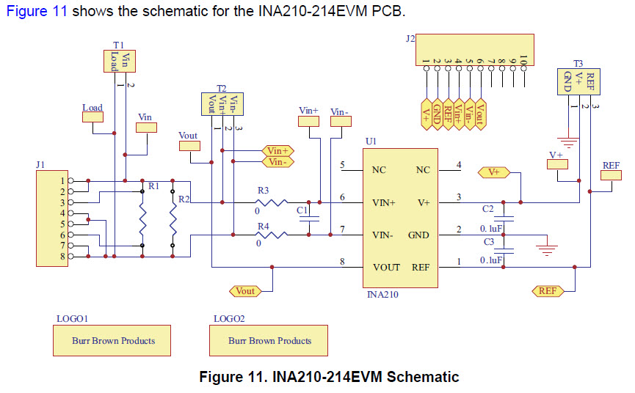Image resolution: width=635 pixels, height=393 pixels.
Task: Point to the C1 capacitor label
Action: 302,210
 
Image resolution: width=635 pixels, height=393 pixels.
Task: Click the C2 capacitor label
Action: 487,209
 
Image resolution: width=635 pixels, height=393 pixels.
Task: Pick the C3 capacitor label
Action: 487,242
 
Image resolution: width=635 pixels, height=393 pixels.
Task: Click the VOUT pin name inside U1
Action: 386,268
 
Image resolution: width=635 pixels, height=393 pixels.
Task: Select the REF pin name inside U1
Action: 421,268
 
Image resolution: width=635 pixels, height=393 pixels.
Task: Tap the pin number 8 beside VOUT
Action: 341,262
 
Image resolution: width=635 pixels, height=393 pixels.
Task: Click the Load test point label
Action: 92,108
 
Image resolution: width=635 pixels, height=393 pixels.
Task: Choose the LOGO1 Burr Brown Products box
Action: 113,341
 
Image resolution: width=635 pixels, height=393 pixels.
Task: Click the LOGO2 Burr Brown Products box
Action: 269,341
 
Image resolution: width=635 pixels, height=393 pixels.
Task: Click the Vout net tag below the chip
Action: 245,291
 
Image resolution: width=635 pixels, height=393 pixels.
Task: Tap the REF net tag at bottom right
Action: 548,291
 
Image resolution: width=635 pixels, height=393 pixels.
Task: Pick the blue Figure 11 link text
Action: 37,12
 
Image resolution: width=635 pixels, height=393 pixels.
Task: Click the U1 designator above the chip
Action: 370,140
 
